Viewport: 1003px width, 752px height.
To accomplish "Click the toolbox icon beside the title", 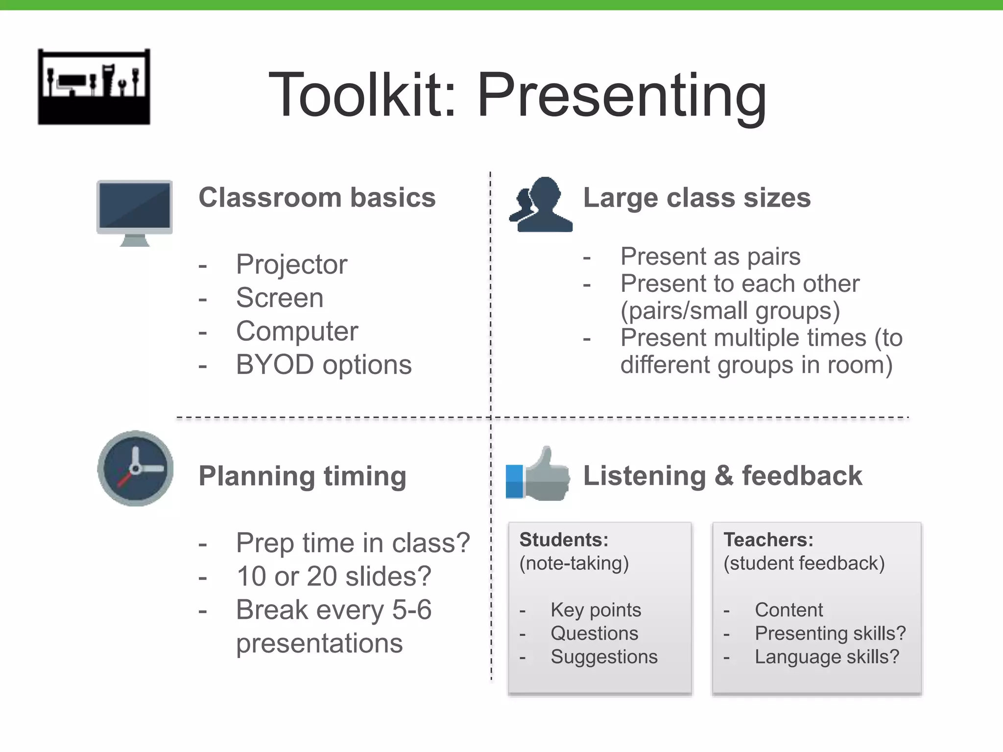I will (94, 87).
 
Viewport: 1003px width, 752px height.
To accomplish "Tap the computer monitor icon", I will (135, 211).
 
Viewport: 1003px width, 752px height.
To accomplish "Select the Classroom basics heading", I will (317, 198).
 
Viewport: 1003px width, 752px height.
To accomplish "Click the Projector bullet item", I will (291, 264).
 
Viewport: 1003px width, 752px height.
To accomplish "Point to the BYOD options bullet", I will (323, 365).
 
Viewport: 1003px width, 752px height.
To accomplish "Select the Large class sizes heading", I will (696, 198).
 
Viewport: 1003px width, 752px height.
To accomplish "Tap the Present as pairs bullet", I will (710, 257).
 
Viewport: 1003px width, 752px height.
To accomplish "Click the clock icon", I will (135, 469).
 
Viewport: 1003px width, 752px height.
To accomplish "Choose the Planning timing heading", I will (302, 476).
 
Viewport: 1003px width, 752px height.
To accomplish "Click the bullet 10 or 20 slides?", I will (333, 576).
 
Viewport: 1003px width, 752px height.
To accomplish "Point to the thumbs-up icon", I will (539, 475).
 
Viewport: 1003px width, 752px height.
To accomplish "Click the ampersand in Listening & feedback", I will (723, 476).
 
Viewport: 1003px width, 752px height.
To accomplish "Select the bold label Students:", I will (563, 540).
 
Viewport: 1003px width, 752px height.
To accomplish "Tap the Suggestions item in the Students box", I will (603, 657).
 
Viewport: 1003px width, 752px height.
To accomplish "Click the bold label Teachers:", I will (768, 540).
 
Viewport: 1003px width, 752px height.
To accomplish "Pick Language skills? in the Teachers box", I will (827, 657).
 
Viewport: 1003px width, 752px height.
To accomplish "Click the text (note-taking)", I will (573, 563).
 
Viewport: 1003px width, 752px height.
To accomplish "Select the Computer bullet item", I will (297, 331).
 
